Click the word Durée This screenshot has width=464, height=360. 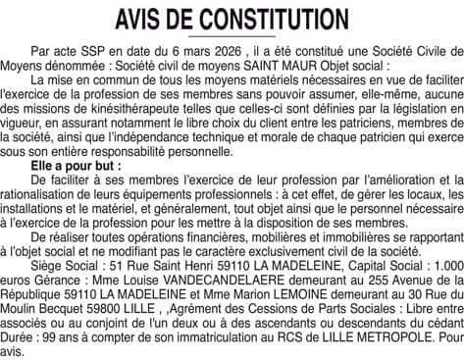tap(23, 345)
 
